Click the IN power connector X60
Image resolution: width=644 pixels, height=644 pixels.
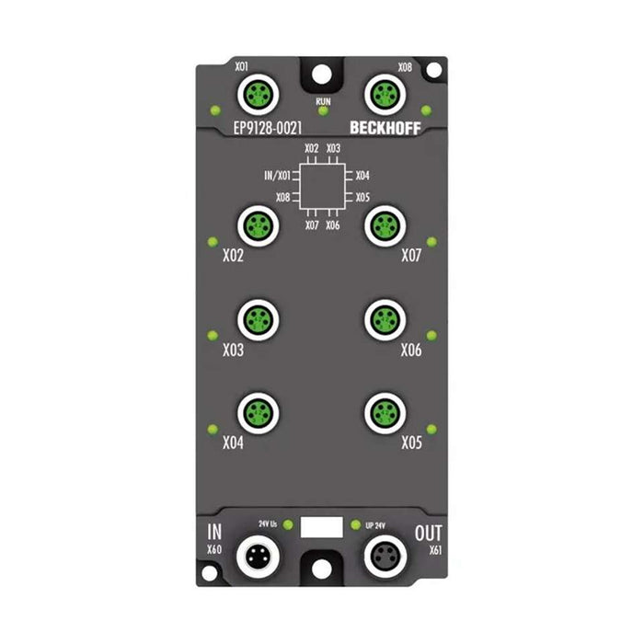click(254, 555)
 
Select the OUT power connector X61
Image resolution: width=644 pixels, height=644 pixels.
click(381, 555)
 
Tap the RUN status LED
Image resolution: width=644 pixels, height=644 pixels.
click(322, 111)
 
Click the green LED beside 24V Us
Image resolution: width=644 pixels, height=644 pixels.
click(288, 524)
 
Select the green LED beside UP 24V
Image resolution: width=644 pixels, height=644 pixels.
click(355, 524)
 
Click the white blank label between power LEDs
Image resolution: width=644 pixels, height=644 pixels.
click(321, 527)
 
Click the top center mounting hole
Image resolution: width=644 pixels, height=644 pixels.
click(322, 72)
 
